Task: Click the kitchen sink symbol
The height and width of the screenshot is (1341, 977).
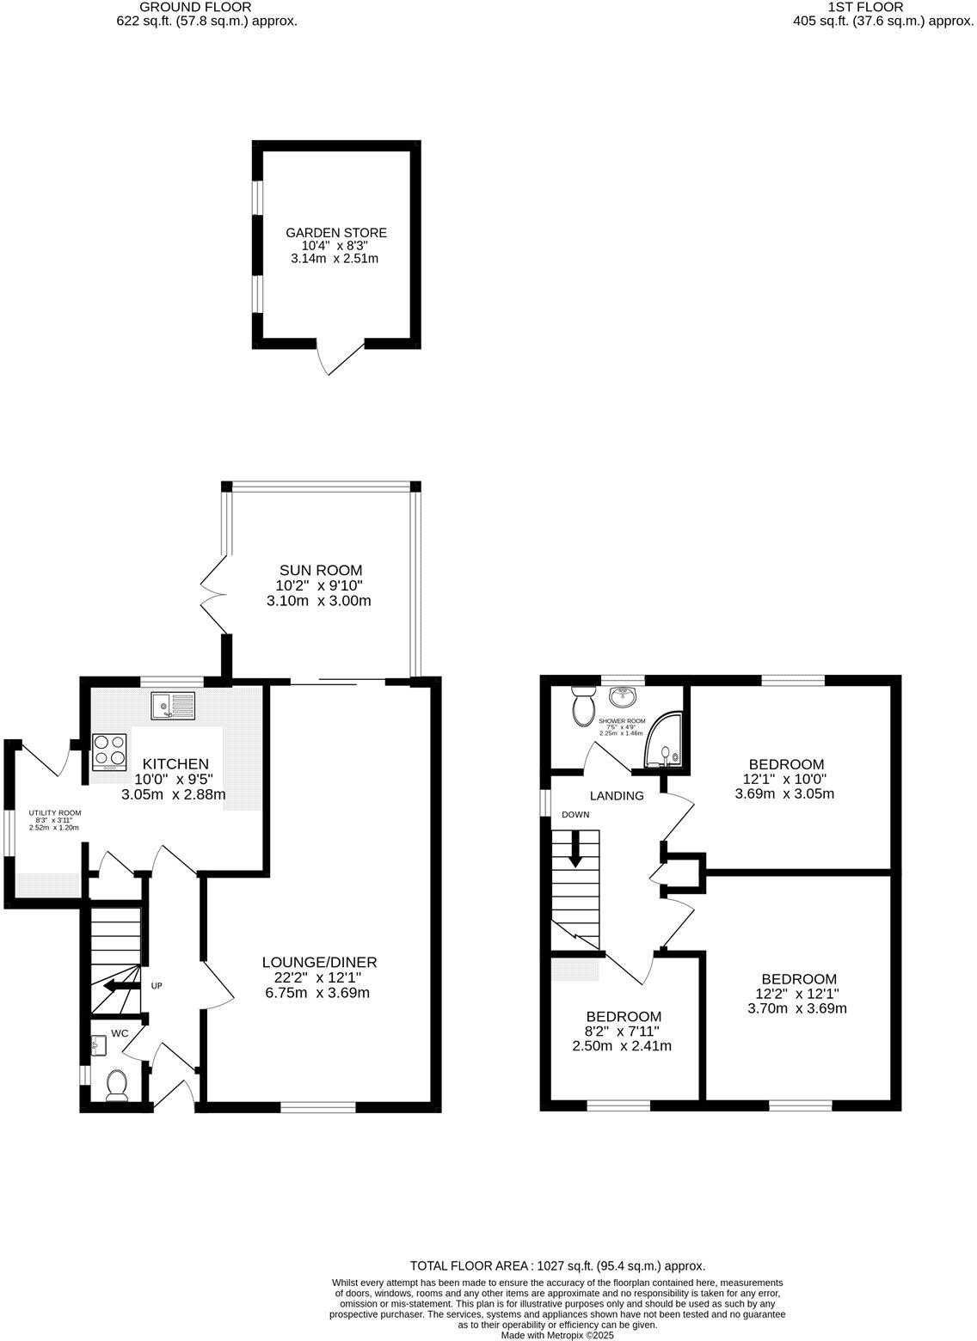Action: (x=173, y=706)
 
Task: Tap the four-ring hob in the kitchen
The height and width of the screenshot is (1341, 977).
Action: (x=109, y=750)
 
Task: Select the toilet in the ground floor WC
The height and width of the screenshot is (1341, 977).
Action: (x=115, y=1085)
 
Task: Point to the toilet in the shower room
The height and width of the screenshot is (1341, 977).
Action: (x=583, y=707)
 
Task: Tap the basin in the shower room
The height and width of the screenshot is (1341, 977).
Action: (x=625, y=695)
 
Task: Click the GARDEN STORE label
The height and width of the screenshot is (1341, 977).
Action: (x=336, y=233)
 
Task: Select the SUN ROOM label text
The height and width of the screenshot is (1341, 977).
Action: (x=321, y=570)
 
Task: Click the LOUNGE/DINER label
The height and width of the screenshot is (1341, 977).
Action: (x=320, y=962)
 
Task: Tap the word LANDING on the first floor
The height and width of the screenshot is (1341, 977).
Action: (x=617, y=796)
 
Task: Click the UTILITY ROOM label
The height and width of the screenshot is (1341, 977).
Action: (x=55, y=812)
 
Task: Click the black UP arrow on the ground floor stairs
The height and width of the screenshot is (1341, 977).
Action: (x=114, y=987)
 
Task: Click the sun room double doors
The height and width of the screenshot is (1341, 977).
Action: (x=212, y=593)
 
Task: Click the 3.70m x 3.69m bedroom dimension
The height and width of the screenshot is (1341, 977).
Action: (x=798, y=1008)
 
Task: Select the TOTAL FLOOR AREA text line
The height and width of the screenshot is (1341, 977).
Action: (x=557, y=1265)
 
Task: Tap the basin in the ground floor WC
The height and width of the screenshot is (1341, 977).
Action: (x=96, y=1045)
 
